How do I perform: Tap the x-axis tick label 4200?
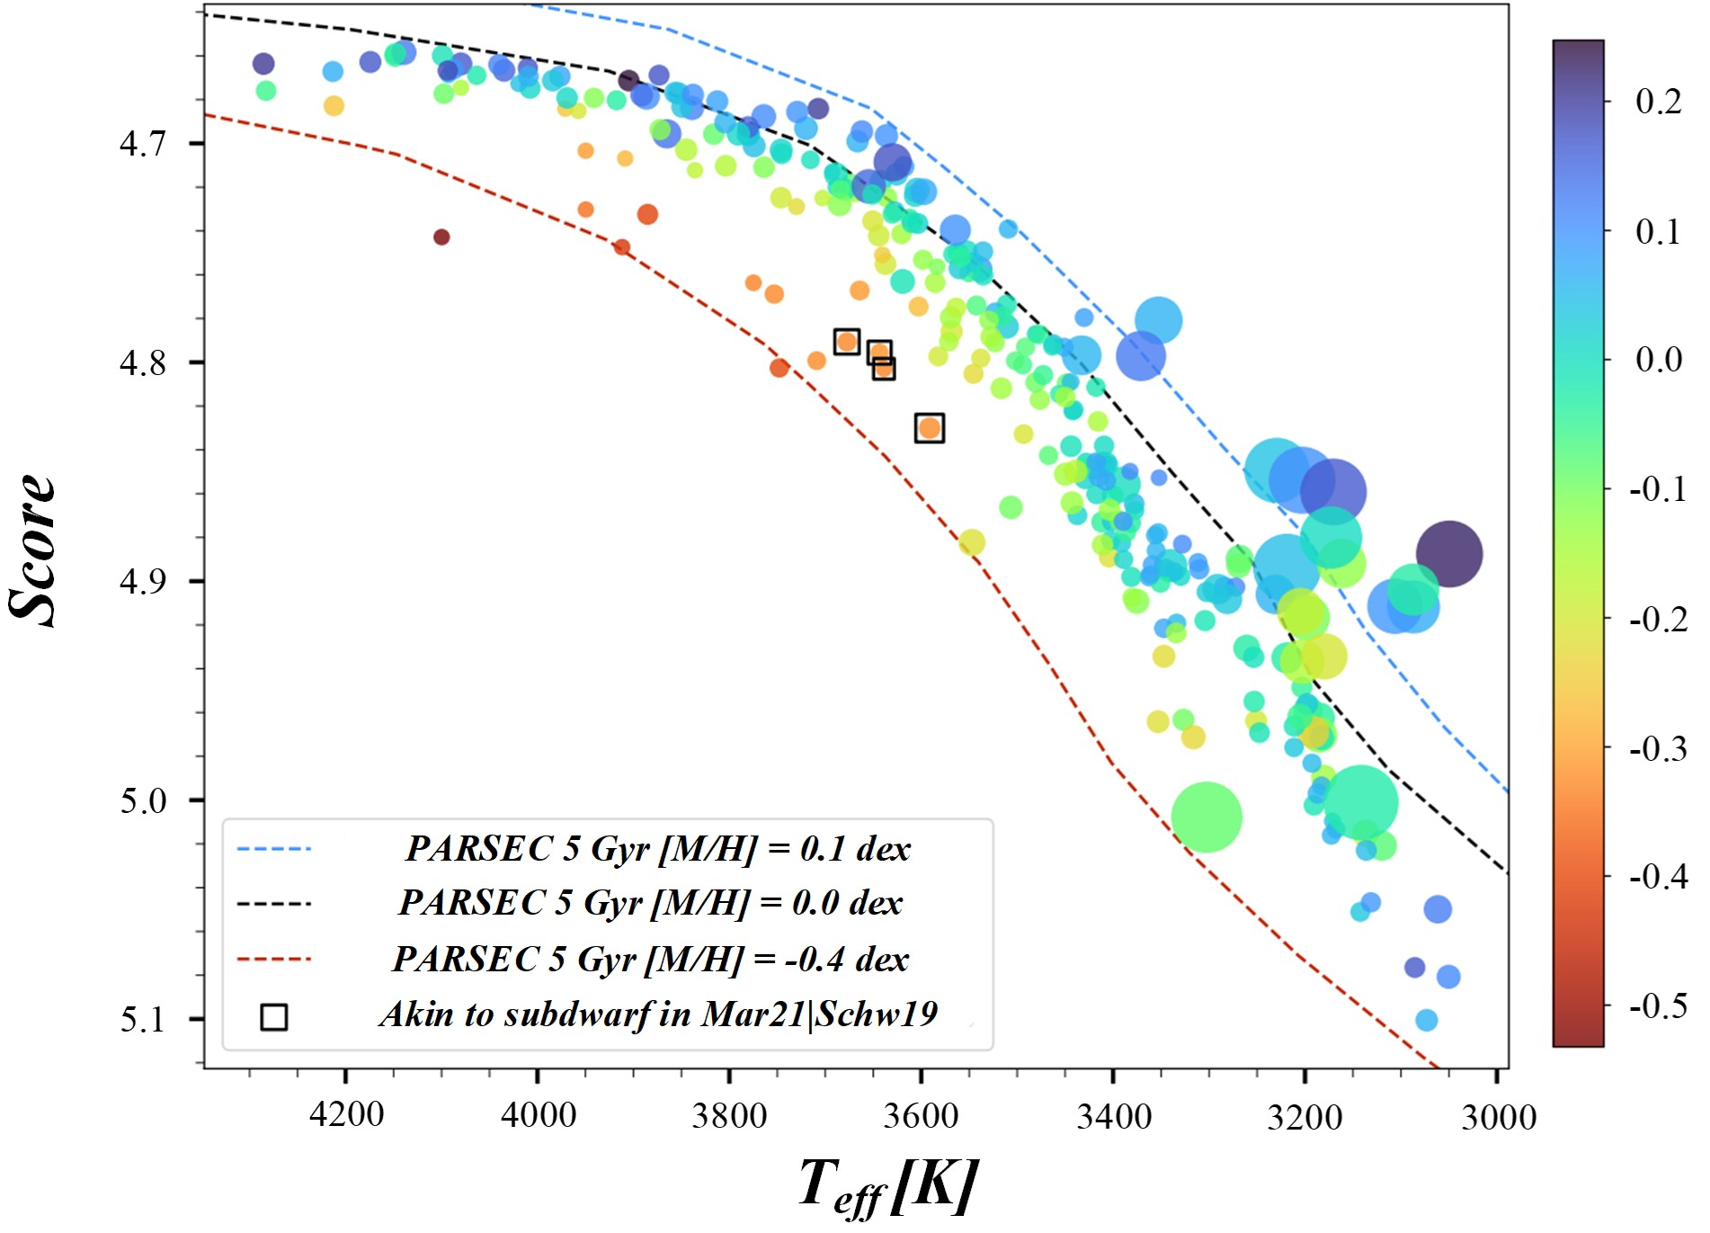(346, 1115)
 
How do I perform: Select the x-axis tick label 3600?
(921, 1115)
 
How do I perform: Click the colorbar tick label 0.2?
(1658, 102)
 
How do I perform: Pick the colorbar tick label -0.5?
(1658, 1005)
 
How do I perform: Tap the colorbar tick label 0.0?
(1658, 360)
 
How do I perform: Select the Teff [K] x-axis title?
(887, 1186)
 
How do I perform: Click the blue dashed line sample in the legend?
(274, 848)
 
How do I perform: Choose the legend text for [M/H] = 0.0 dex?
(650, 902)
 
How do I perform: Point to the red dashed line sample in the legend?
(274, 959)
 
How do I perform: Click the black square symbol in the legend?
(274, 1016)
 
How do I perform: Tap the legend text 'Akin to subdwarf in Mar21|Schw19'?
(658, 1014)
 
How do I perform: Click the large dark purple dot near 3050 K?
(1447, 553)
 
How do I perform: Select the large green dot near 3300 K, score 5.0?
(1207, 817)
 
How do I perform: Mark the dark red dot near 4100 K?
(441, 237)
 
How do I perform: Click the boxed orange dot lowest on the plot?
(930, 428)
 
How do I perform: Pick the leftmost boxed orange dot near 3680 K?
(846, 342)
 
